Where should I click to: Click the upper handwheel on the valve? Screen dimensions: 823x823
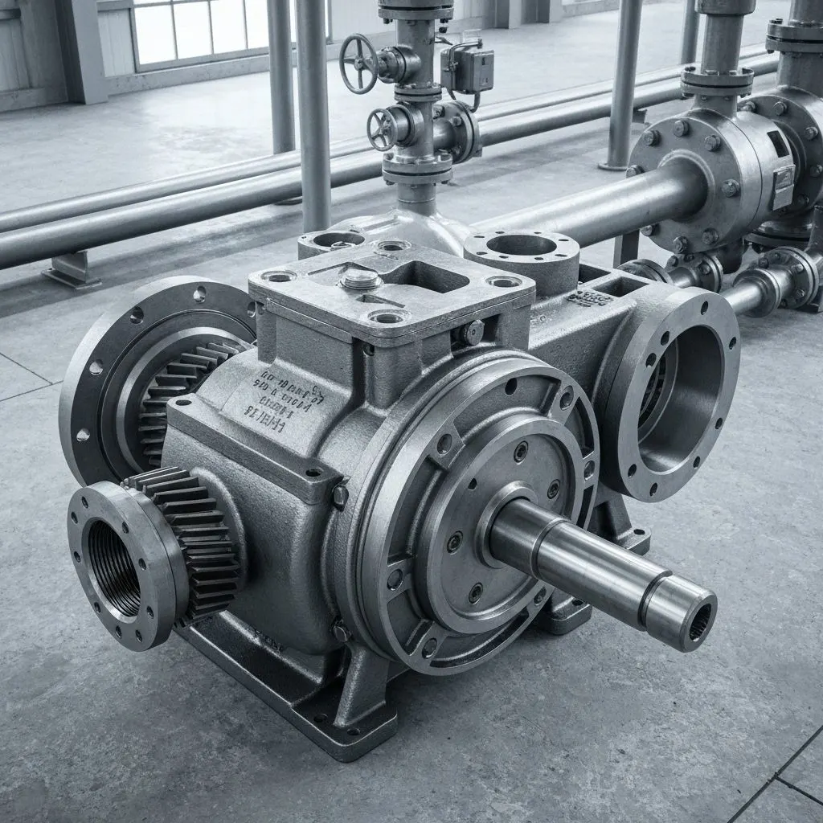click(358, 63)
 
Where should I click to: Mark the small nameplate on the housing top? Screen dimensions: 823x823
click(589, 297)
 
